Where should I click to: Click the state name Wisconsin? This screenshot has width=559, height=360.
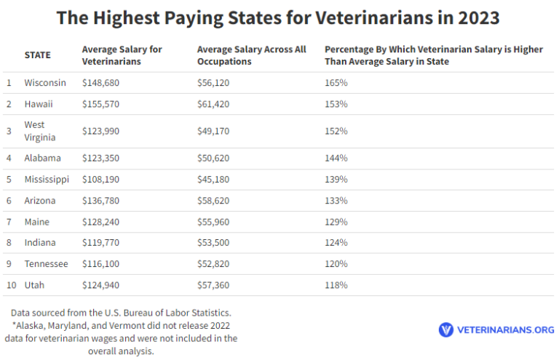(44, 83)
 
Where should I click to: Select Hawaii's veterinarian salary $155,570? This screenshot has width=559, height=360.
(100, 104)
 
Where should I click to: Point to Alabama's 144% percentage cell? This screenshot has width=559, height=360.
(336, 158)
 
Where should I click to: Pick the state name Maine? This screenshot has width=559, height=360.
(37, 221)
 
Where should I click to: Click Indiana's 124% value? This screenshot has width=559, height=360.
(336, 242)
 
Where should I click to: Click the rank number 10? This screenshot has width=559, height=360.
(11, 285)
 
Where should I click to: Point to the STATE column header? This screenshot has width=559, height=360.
(37, 55)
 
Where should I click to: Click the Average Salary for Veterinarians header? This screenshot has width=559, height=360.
(122, 55)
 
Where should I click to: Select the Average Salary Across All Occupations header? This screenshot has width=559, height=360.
(251, 55)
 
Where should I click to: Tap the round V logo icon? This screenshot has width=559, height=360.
(445, 329)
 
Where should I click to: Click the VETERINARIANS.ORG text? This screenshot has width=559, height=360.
(505, 330)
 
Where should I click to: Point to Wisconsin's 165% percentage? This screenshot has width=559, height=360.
(336, 83)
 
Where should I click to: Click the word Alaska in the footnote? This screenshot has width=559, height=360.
(29, 325)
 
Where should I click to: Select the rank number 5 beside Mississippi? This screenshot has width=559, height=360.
(9, 179)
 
